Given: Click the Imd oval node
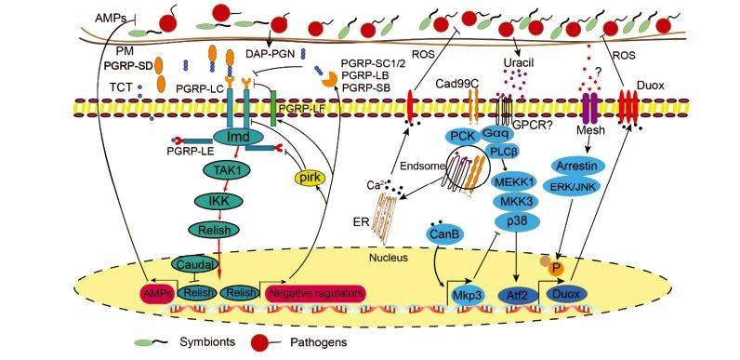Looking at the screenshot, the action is click(x=238, y=138).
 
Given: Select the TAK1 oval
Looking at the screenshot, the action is click(x=221, y=169).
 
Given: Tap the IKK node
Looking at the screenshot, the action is click(x=219, y=201).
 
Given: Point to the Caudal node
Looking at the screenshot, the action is click(x=194, y=263).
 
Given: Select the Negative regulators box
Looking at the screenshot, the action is click(x=316, y=293).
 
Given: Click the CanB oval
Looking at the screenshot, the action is click(x=445, y=233).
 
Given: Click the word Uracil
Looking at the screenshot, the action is click(x=516, y=62).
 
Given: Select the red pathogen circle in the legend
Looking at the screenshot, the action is click(x=258, y=342).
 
